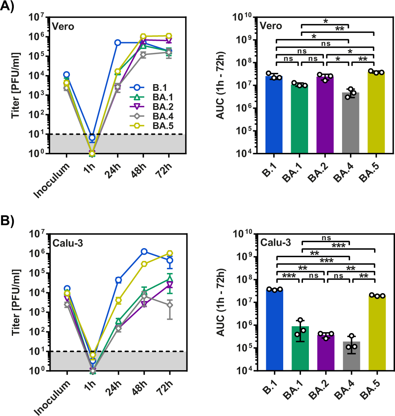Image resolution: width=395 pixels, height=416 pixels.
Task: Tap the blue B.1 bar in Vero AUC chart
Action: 274,115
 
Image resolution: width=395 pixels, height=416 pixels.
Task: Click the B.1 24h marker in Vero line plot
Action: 118,43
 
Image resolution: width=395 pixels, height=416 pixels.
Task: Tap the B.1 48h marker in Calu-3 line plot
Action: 144,252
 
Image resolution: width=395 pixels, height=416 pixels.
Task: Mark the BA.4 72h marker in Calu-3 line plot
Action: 169,305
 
